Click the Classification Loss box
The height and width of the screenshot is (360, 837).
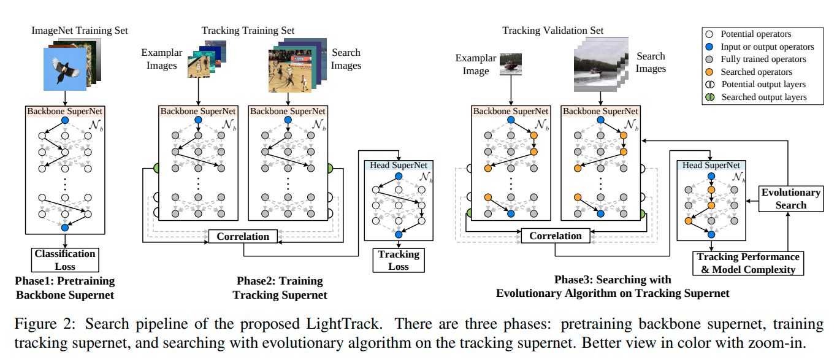coord(65,260)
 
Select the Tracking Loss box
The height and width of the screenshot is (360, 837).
coord(399,260)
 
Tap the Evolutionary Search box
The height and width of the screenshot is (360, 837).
coord(791,199)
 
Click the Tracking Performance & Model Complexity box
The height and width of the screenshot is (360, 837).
coord(748,263)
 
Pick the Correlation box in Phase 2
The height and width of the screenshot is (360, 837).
coord(243,236)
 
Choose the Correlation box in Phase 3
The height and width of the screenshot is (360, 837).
coord(556,236)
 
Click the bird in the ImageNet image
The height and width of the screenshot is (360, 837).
coord(64,70)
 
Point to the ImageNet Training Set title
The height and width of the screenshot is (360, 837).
coord(80,30)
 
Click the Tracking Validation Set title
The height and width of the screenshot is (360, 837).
coord(552,30)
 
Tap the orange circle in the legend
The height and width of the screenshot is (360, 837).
coord(709,72)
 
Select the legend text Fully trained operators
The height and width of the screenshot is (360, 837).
coord(763,59)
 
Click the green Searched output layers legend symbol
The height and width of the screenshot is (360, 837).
coord(710,97)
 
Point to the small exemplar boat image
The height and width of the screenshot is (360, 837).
coord(511,64)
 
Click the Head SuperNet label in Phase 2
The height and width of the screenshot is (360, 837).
coord(399,165)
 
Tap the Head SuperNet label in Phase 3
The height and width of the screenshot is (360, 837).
coord(711,165)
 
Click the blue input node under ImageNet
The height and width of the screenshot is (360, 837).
coord(65,120)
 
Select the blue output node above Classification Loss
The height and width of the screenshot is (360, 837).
coord(65,228)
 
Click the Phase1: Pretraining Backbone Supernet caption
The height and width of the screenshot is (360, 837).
coord(65,288)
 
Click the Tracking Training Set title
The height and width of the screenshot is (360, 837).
coord(248,30)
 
